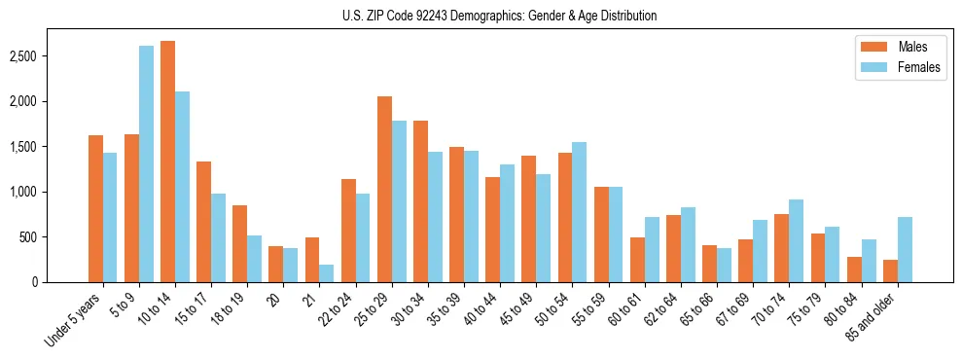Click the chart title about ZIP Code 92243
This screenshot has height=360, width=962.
click(499, 16)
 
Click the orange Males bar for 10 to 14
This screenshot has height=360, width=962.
click(167, 162)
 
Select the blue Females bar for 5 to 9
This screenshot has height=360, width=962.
click(146, 163)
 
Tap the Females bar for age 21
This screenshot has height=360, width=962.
click(327, 273)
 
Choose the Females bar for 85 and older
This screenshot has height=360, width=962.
click(905, 249)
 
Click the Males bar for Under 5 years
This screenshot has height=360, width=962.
click(95, 208)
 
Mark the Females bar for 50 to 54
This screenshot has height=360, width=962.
click(580, 212)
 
